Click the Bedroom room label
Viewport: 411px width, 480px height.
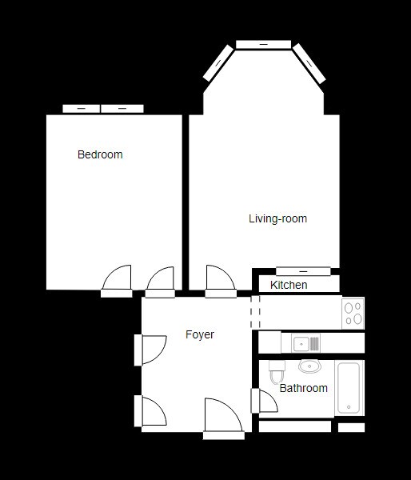coord(100,154)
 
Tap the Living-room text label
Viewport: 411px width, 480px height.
coord(277,218)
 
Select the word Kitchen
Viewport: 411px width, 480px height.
coord(289,285)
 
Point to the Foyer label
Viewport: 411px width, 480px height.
coord(200,334)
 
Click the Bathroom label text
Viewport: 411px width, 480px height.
coord(303,388)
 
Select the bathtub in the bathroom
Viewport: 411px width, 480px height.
coord(349,387)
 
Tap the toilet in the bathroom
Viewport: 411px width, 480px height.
coord(276,373)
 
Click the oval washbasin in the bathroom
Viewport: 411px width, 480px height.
coord(309,366)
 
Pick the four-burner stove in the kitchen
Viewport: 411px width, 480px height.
coord(353,313)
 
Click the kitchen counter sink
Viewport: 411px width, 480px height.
coord(301,344)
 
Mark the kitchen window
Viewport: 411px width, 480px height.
coord(303,271)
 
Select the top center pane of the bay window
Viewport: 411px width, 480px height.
coord(264,44)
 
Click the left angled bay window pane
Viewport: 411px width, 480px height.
coord(219,63)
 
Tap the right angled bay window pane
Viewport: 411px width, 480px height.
coord(309,63)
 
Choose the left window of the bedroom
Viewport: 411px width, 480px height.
coord(81,108)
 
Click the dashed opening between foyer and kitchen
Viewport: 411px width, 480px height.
coord(256,312)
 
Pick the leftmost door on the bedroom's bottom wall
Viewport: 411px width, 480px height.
coord(117,280)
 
